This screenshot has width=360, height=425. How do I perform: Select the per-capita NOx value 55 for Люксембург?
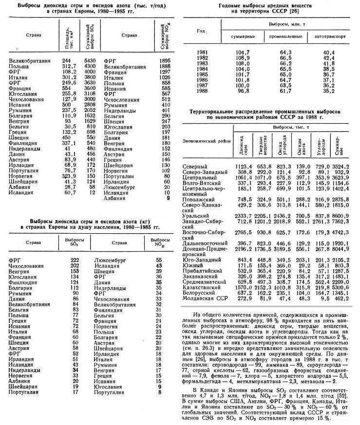tap(159, 260)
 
